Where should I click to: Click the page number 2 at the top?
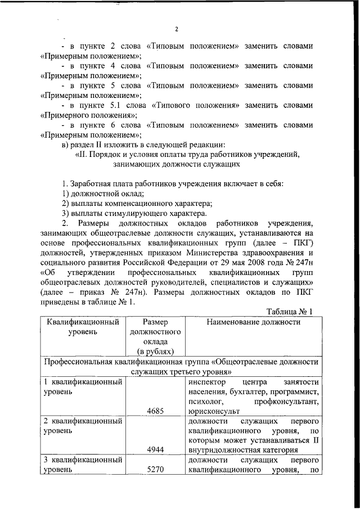coord(176,29)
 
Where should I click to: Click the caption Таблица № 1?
coord(289,312)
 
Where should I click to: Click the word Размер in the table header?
coord(154,322)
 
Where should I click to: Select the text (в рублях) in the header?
coord(154,351)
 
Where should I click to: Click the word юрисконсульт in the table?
coord(214,411)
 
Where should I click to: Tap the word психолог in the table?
coord(207,401)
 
